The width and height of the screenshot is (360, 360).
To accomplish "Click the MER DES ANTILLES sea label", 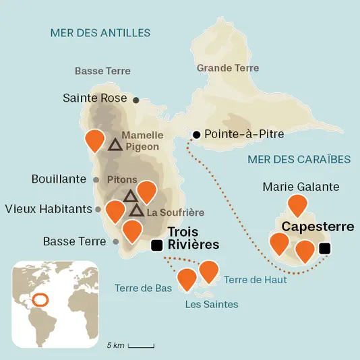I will click(x=100, y=33).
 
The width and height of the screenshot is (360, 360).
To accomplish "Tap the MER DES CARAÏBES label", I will click(x=299, y=159).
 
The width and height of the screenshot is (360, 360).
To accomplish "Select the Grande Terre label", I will click(x=229, y=68).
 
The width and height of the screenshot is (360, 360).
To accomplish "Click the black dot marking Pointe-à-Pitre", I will click(x=197, y=135).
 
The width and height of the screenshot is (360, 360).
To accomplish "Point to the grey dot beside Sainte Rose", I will click(x=136, y=100).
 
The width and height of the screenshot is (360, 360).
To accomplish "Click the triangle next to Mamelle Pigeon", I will click(x=115, y=144).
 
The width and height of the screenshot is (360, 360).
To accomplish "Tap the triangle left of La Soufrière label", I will click(x=137, y=211).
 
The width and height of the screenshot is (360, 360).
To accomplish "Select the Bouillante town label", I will click(x=59, y=179).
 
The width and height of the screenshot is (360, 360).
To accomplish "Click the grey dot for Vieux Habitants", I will click(x=98, y=209).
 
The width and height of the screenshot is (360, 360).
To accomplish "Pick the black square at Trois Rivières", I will click(x=157, y=245).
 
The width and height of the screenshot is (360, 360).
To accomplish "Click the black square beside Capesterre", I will click(x=324, y=249).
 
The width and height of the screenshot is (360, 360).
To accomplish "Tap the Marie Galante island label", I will click(x=301, y=187).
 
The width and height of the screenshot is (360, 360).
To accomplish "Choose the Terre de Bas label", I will click(x=143, y=288).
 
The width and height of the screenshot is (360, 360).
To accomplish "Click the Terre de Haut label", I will click(x=256, y=279).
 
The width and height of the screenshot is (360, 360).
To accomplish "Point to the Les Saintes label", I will click(x=211, y=305).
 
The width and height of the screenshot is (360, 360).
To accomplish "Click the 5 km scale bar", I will click(x=141, y=346).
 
